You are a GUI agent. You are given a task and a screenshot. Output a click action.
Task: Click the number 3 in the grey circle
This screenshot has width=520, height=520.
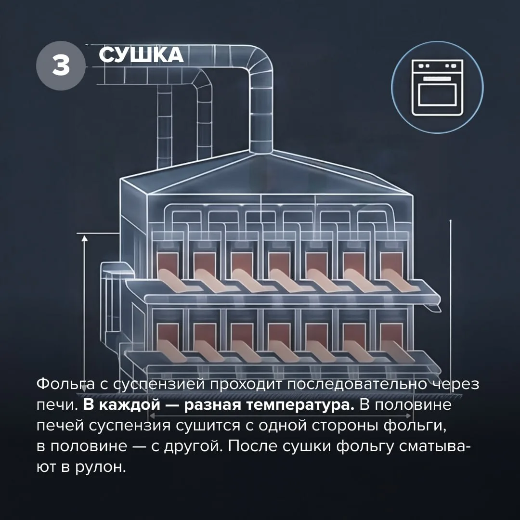point(61,65)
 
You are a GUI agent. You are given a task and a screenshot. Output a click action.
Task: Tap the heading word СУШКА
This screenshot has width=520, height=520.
point(141,55)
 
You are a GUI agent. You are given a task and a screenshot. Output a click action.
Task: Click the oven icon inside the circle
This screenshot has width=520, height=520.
point(437,88)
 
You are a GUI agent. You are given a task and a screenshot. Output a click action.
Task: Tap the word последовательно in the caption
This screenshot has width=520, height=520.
point(357,385)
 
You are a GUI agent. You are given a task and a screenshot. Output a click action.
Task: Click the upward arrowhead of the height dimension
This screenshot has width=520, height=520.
point(85,238)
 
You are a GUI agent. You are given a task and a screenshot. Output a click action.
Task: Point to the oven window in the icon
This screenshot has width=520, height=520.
point(437,94)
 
